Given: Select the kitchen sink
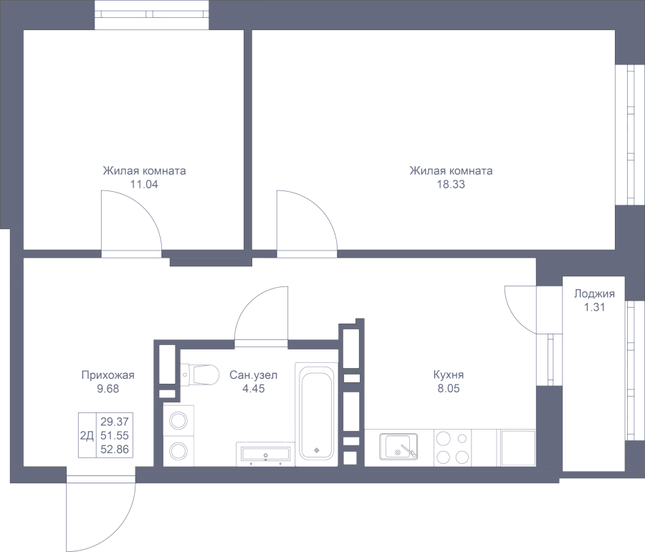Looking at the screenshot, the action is pyautogui.click(x=398, y=446).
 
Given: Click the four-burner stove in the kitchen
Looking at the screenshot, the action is pyautogui.click(x=452, y=447).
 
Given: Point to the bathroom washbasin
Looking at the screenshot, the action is pyautogui.click(x=266, y=454).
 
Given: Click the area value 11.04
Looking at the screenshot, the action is pyautogui.click(x=144, y=184).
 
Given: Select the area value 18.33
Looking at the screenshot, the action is pyautogui.click(x=451, y=184).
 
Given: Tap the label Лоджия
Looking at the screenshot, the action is pyautogui.click(x=594, y=294).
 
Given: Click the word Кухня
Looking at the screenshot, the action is pyautogui.click(x=449, y=374).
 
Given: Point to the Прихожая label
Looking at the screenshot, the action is pyautogui.click(x=107, y=375).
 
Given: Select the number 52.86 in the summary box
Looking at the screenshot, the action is pyautogui.click(x=115, y=449).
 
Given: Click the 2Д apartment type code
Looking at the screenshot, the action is pyautogui.click(x=87, y=435).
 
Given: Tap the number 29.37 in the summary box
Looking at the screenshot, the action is pyautogui.click(x=115, y=421).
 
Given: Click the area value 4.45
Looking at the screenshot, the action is pyautogui.click(x=254, y=389).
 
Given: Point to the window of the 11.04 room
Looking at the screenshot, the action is pyautogui.click(x=152, y=14).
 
